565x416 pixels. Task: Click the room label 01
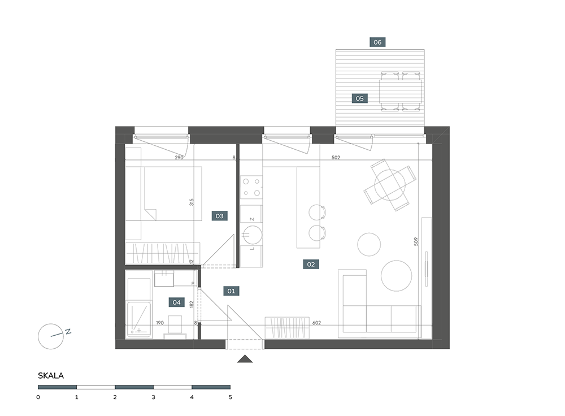pyautogui.click(x=231, y=291)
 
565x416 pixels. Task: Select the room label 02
pyautogui.click(x=311, y=264)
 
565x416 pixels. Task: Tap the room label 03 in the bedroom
pyautogui.click(x=219, y=216)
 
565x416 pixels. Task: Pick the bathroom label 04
pyautogui.click(x=176, y=302)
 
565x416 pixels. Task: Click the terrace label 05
pyautogui.click(x=359, y=98)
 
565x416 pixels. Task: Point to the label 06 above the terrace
pyautogui.click(x=377, y=42)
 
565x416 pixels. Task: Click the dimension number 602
pyautogui.click(x=316, y=323)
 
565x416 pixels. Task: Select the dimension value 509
pyautogui.click(x=416, y=241)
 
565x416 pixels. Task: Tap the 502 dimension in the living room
pyautogui.click(x=336, y=158)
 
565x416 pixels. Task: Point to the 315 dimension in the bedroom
pyautogui.click(x=192, y=202)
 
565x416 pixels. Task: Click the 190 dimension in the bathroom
pyautogui.click(x=160, y=323)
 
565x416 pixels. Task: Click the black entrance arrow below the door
pyautogui.click(x=245, y=359)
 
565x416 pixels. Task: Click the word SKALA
pyautogui.click(x=51, y=376)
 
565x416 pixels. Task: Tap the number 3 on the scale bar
pyautogui.click(x=154, y=397)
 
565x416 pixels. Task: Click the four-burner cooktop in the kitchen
pyautogui.click(x=251, y=188)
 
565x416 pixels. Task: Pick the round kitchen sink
pyautogui.click(x=252, y=235)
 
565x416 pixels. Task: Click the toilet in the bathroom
pyautogui.click(x=175, y=327)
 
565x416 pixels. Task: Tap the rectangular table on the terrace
pyautogui.click(x=401, y=92)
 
